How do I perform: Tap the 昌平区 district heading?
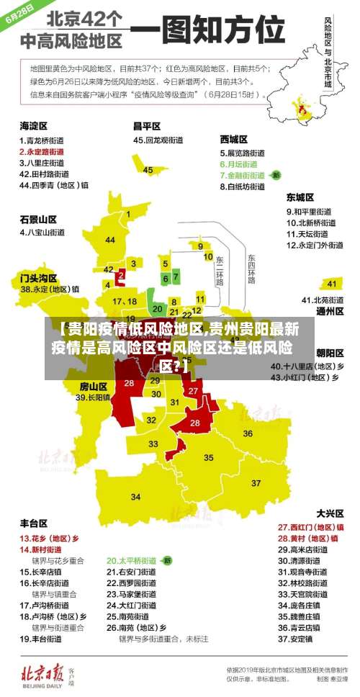point(148,126)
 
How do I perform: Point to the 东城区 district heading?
point(300,197)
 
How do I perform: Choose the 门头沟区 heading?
point(38,277)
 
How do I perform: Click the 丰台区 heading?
point(34,523)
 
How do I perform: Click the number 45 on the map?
point(148,171)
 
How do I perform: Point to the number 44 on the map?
point(110,240)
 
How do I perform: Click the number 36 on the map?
point(248,433)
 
